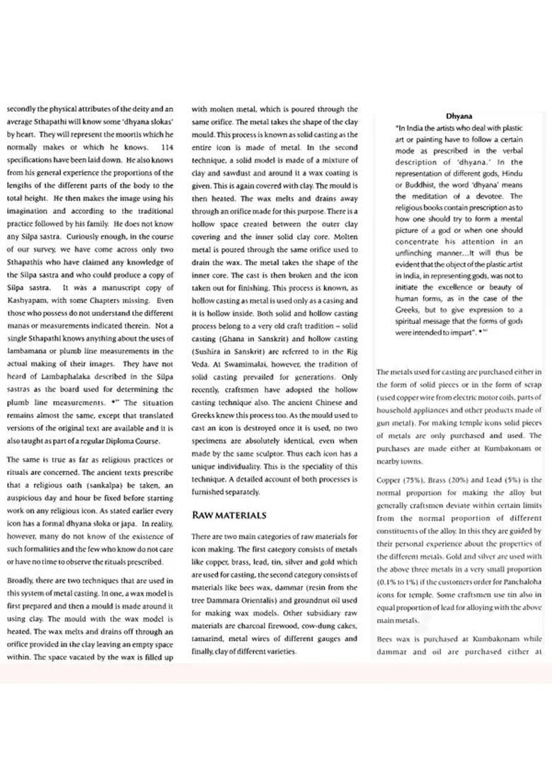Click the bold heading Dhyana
tap(459, 115)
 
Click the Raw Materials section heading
tap(229, 515)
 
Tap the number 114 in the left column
tap(167, 146)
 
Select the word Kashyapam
tap(29, 300)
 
